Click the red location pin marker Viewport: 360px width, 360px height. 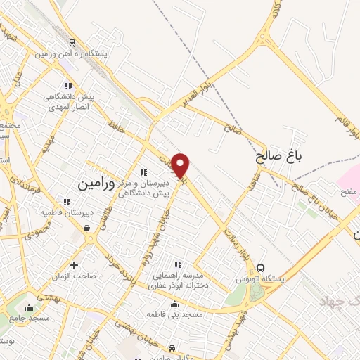pyautogui.click(x=181, y=165)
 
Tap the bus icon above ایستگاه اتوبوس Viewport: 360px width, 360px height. pyautogui.click(x=261, y=268)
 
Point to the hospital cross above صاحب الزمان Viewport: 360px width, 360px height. pyautogui.click(x=75, y=265)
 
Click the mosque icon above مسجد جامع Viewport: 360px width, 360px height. pyautogui.click(x=29, y=307)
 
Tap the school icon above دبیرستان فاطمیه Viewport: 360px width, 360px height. pyautogui.click(x=67, y=201)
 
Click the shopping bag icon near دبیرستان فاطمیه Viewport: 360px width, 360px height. pyautogui.click(x=86, y=228)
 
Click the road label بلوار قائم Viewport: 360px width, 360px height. pyautogui.click(x=349, y=124)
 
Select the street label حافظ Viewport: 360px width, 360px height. pyautogui.click(x=114, y=126)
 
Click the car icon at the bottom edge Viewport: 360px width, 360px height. pyautogui.click(x=173, y=347)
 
